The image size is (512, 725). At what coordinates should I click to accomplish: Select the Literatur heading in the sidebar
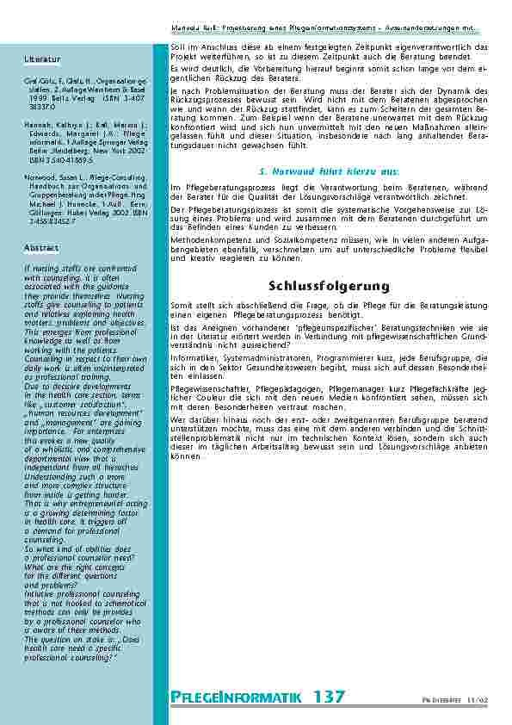tap(42, 59)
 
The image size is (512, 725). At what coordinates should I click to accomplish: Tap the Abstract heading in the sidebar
tap(41, 247)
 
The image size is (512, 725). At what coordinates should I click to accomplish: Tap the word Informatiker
tap(193, 356)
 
